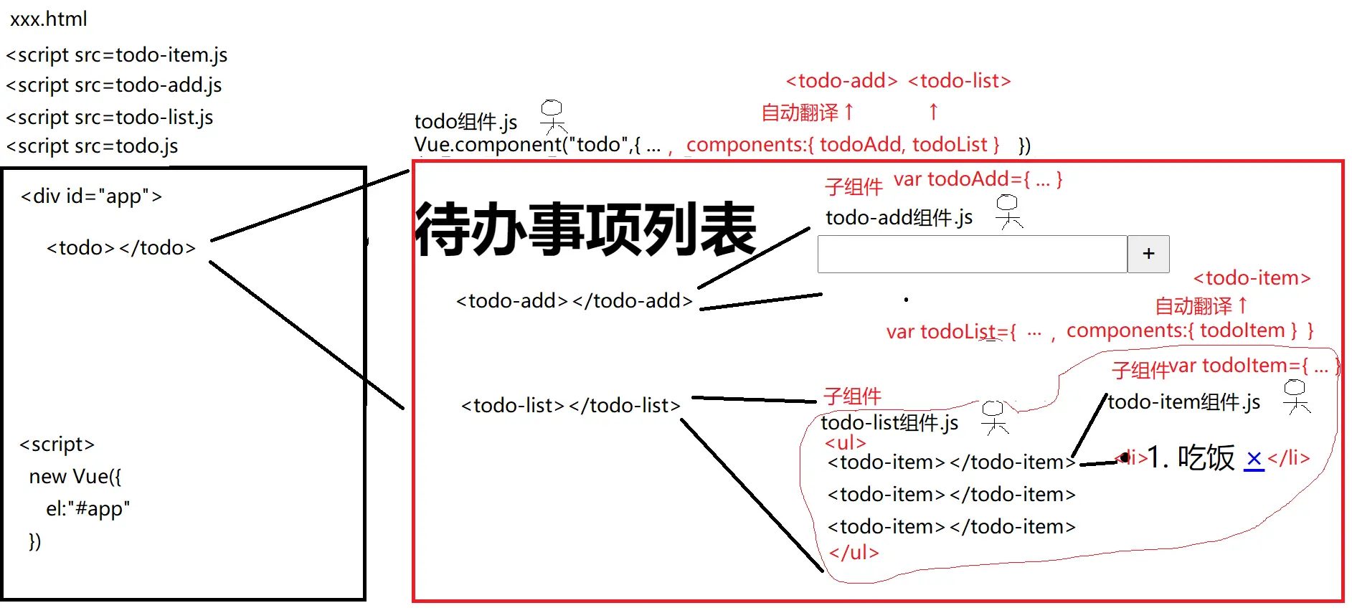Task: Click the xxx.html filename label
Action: [48, 19]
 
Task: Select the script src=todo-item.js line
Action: [117, 55]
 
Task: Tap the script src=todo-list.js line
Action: [110, 117]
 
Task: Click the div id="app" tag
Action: [91, 196]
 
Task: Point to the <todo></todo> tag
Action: [120, 248]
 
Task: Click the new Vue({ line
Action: [75, 477]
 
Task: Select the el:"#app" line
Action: [88, 509]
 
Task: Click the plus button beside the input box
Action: [1148, 254]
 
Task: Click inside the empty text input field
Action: [972, 254]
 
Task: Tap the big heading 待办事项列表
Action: [585, 229]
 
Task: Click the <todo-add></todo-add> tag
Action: [575, 301]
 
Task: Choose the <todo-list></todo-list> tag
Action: [570, 406]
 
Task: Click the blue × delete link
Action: [1254, 459]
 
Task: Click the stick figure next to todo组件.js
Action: [552, 117]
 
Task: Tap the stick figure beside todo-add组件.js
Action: [1008, 212]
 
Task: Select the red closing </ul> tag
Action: [854, 553]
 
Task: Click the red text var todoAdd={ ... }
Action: [978, 179]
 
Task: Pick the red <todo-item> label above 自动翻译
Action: [1252, 278]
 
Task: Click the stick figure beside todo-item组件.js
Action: [1295, 396]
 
